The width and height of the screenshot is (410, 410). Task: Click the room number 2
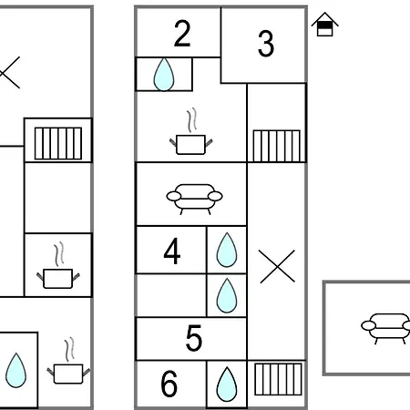click(182, 34)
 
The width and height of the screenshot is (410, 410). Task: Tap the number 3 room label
click(266, 44)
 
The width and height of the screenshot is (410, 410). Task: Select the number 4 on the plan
click(172, 251)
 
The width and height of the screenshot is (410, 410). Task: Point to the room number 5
click(194, 338)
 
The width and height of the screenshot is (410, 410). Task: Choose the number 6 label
click(169, 384)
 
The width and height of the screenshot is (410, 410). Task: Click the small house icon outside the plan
click(325, 25)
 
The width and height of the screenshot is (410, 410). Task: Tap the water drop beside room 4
click(227, 250)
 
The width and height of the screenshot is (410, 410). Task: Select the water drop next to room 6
click(227, 384)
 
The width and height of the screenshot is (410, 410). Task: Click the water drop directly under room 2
click(164, 75)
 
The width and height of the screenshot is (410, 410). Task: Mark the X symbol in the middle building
click(277, 267)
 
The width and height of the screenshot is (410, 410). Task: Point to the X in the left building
click(10, 72)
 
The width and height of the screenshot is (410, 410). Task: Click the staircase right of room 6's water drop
click(278, 379)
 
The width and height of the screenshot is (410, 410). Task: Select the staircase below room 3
click(277, 146)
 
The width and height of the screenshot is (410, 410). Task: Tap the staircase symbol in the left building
click(58, 143)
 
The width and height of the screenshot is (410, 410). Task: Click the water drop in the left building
click(15, 370)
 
